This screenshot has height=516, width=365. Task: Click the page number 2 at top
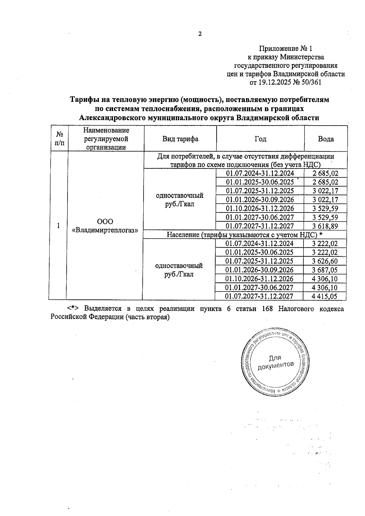(200, 34)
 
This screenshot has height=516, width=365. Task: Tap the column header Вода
(326, 139)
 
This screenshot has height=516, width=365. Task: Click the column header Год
(260, 139)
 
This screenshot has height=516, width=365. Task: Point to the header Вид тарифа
(180, 139)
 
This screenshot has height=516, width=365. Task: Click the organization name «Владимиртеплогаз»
(105, 230)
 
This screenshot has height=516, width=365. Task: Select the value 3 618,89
(325, 226)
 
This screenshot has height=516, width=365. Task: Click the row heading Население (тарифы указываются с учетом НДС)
(242, 235)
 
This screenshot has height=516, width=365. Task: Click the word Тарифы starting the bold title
(86, 100)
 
